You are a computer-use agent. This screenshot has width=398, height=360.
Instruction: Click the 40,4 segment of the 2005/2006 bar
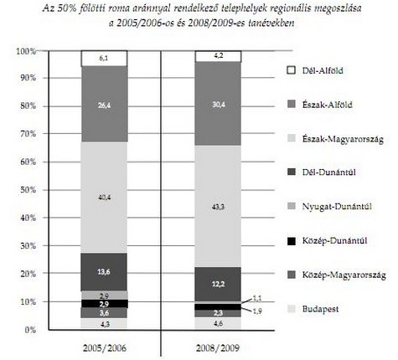(104, 198)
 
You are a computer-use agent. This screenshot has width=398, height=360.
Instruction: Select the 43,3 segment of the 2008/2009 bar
(218, 206)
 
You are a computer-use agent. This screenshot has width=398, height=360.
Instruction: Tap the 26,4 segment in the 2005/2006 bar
(104, 104)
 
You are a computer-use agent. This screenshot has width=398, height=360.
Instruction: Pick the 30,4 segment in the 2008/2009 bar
(218, 104)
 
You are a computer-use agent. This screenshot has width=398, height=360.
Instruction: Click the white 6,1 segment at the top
(104, 59)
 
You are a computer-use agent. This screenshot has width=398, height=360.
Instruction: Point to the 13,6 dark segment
(104, 272)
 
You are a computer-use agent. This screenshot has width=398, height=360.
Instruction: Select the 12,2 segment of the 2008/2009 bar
(218, 284)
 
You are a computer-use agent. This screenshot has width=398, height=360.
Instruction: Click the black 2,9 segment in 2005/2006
(104, 304)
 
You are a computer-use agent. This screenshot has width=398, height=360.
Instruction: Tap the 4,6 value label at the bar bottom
(218, 324)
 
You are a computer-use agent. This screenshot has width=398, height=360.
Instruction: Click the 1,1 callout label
(256, 298)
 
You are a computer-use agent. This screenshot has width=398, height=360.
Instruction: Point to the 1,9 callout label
(257, 311)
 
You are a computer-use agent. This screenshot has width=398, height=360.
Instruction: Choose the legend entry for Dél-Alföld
(315, 70)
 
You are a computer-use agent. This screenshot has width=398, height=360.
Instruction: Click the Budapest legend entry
(313, 309)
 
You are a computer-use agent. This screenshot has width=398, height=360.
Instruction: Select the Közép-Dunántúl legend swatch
(292, 241)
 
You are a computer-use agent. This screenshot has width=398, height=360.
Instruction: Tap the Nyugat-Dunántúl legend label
(337, 207)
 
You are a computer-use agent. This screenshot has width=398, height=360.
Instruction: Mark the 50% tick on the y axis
(28, 190)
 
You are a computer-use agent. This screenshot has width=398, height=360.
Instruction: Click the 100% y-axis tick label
(26, 51)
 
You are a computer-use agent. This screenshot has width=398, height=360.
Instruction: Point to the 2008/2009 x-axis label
(218, 348)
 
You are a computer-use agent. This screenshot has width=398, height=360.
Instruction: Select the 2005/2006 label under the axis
(105, 348)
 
